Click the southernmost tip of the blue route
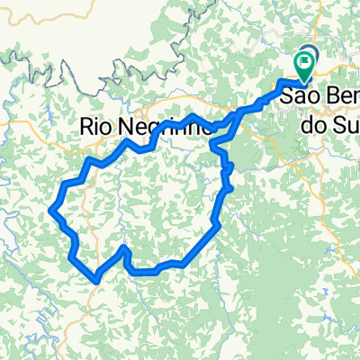tap(95, 280)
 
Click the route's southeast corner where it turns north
tap(217, 225)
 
